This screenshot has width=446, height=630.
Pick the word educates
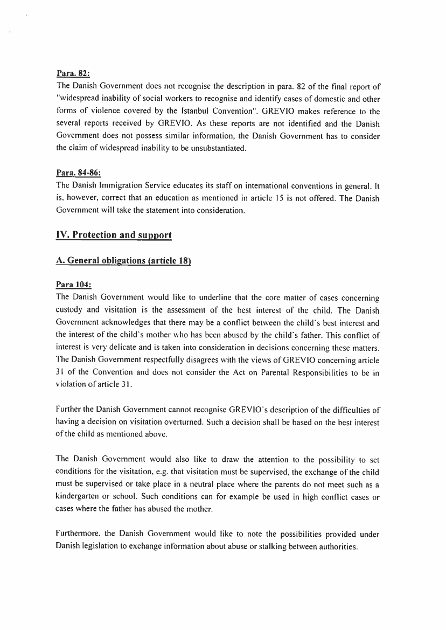click(180, 186)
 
